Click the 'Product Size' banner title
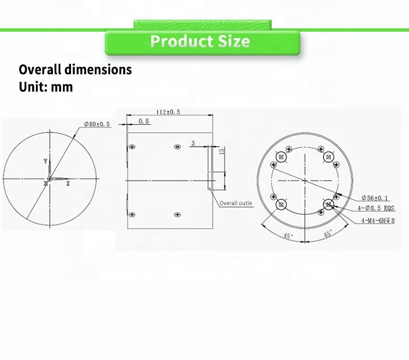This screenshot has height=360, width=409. tap(200, 41)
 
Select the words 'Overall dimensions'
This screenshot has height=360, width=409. tap(75, 69)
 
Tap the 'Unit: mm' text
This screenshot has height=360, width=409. tap(46, 87)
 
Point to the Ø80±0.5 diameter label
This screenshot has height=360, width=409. tap(97, 124)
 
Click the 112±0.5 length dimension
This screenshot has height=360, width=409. tap(169, 112)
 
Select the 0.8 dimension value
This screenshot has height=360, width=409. tap(144, 121)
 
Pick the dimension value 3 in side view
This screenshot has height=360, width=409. tap(193, 143)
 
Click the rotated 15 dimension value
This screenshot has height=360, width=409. tap(222, 151)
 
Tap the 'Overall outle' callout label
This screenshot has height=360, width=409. tap(236, 203)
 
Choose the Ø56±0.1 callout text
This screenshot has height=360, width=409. tap(375, 198)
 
